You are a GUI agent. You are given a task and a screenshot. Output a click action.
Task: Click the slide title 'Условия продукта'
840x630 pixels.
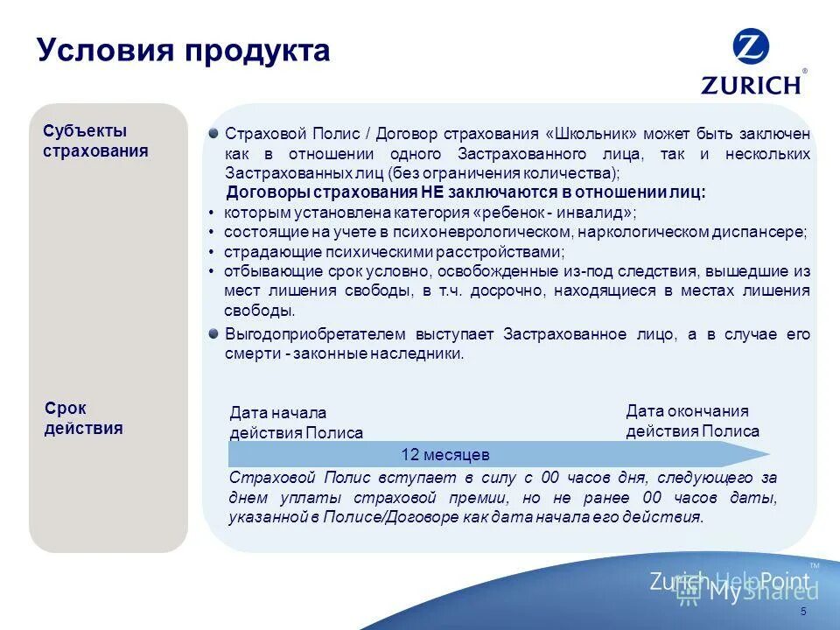click(184, 51)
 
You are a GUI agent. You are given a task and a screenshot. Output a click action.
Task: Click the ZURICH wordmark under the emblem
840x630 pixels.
click(751, 84)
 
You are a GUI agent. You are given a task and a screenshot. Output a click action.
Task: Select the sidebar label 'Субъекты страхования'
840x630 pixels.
click(95, 141)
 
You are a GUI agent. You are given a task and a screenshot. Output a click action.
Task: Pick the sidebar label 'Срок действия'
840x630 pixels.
click(83, 418)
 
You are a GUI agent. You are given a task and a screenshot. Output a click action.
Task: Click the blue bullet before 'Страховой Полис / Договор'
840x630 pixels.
click(213, 133)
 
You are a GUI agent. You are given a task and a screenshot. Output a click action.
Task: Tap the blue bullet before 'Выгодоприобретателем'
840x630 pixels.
click(213, 333)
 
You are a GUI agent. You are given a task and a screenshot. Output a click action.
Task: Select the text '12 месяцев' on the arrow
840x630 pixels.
click(444, 455)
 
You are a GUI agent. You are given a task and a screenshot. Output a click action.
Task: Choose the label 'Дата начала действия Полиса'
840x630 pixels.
click(296, 423)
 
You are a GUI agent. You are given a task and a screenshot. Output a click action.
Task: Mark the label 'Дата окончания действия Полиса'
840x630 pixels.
click(692, 421)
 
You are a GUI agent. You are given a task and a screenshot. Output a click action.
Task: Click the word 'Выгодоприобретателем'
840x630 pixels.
click(304, 335)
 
